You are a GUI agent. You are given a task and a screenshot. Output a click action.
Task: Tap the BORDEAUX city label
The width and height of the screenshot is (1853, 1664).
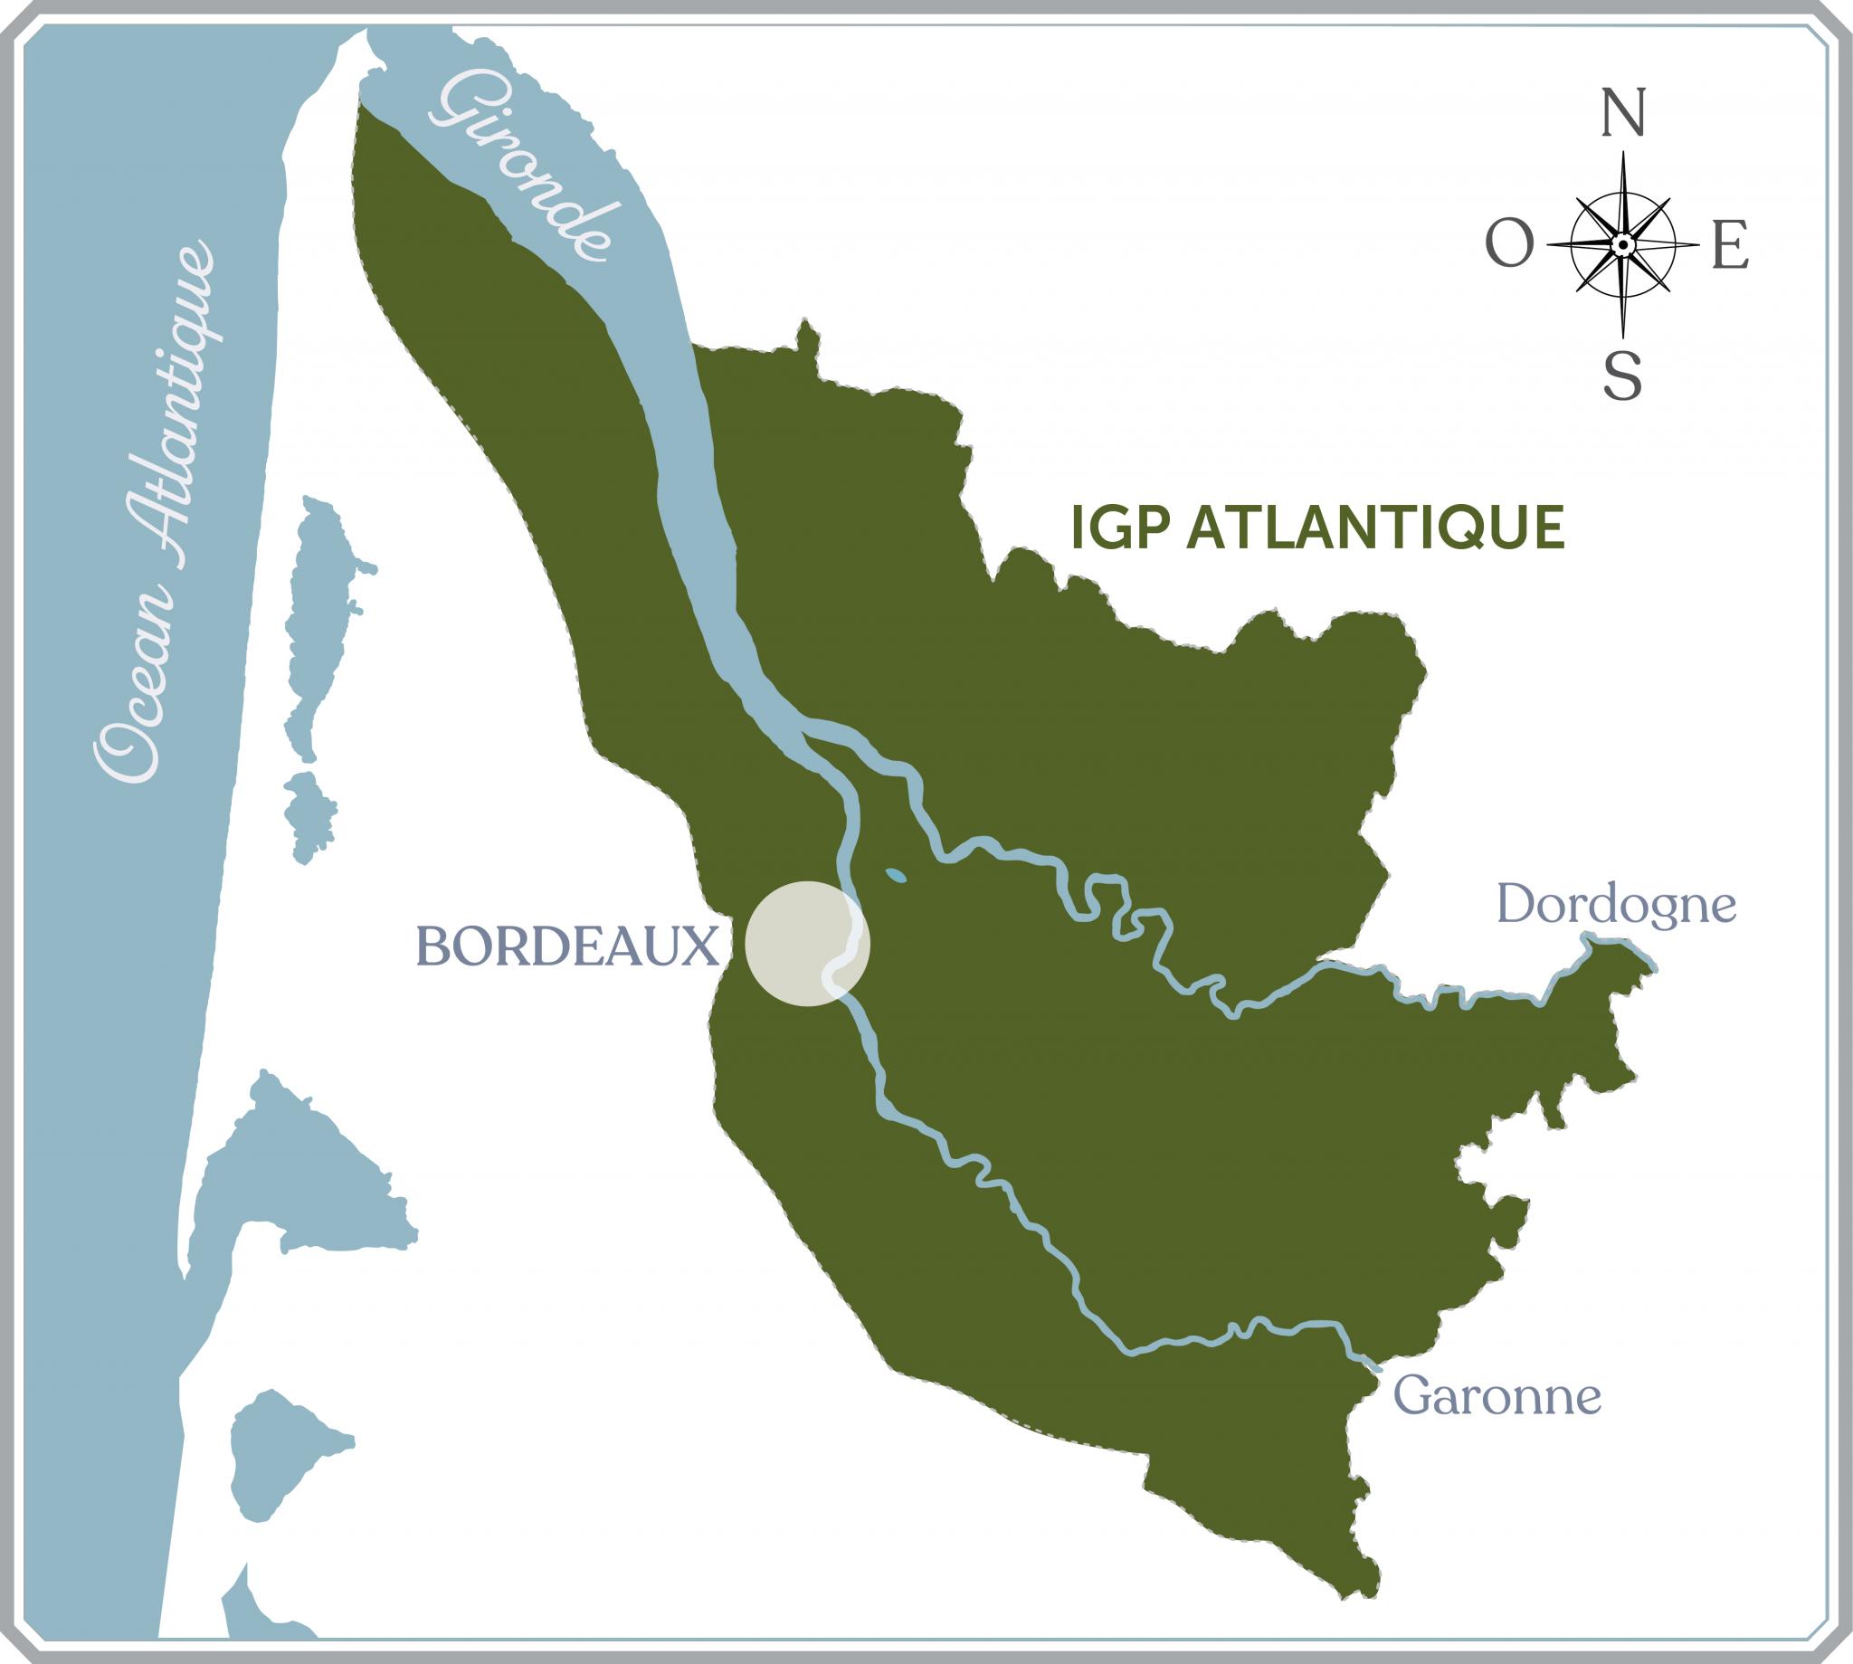566,946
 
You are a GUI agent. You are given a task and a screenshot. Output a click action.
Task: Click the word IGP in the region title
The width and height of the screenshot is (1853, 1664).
1122,529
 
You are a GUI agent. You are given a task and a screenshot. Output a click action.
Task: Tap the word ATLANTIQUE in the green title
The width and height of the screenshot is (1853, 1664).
1375,529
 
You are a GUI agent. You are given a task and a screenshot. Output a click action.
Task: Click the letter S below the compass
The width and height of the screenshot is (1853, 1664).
1623,376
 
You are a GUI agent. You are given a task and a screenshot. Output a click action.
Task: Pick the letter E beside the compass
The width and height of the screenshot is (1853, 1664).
1731,246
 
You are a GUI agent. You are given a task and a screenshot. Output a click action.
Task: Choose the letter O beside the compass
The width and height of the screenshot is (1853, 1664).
1509,246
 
